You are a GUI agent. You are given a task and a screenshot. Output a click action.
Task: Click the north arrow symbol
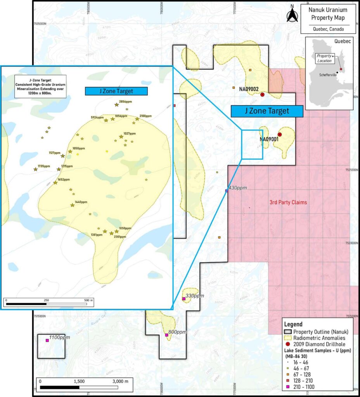292,14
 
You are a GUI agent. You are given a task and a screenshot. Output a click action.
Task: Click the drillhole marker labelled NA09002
262,95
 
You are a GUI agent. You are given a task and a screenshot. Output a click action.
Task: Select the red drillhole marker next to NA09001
280,135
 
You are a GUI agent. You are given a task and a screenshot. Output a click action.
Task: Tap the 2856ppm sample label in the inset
126,101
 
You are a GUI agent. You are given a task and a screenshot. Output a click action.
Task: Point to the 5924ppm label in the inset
97,117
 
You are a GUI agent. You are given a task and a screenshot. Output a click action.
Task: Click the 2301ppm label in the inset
120,236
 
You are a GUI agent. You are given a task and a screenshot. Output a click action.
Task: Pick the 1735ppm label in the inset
44,166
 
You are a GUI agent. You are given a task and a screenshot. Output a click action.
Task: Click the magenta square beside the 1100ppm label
47,340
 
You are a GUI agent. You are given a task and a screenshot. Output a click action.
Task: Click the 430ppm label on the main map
238,188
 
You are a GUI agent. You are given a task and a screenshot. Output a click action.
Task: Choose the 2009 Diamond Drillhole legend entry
320,343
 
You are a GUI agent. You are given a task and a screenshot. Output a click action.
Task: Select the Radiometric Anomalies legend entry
320,337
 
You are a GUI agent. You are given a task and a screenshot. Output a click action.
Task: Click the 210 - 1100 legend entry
304,387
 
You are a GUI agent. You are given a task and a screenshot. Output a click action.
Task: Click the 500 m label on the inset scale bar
88,300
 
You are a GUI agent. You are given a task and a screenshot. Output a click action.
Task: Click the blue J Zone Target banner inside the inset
116,91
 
